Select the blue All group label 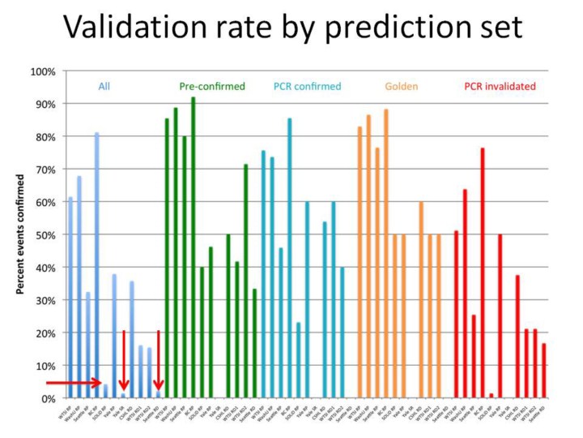coord(104,86)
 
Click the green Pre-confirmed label coord(211,86)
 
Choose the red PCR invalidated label coord(500,86)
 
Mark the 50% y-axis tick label coord(45,235)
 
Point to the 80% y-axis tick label coord(45,137)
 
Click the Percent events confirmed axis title coord(22,235)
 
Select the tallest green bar coord(193,247)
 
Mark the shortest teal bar coord(299,360)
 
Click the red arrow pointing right coord(72,383)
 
